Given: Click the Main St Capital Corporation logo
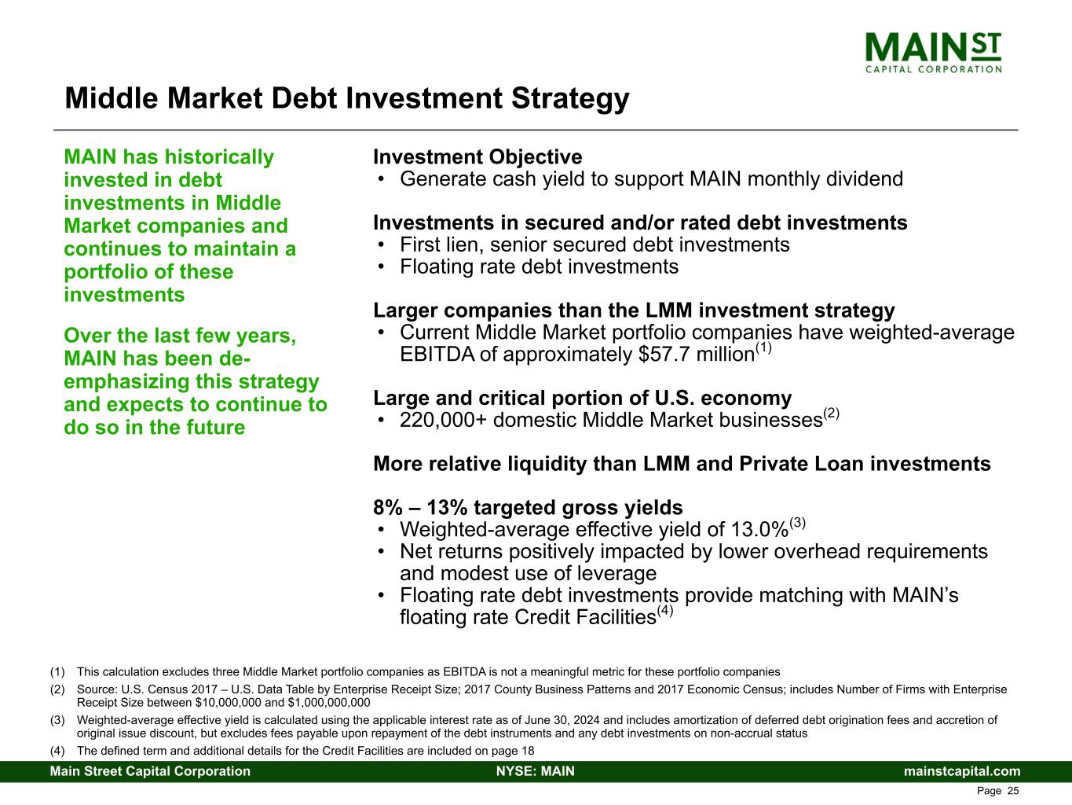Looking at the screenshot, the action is [x=933, y=53].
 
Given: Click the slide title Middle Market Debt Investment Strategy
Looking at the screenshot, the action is [x=347, y=99].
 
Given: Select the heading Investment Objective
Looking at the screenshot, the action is [x=477, y=157].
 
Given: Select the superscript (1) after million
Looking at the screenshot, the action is [x=763, y=347].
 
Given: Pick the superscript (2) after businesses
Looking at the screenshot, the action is [x=831, y=414].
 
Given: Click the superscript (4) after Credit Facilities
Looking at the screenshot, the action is [x=664, y=611].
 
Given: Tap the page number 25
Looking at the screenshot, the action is [x=1013, y=791].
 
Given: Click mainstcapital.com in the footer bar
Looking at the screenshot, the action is [x=962, y=771].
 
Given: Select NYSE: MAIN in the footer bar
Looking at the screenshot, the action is [x=536, y=771].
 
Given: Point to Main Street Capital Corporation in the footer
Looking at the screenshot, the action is [x=150, y=771].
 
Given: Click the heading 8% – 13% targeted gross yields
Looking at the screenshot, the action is [x=528, y=507].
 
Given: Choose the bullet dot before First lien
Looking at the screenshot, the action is [x=382, y=244].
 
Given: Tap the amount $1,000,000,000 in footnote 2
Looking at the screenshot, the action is [x=329, y=703].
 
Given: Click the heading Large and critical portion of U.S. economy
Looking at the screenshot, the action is [x=582, y=398].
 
